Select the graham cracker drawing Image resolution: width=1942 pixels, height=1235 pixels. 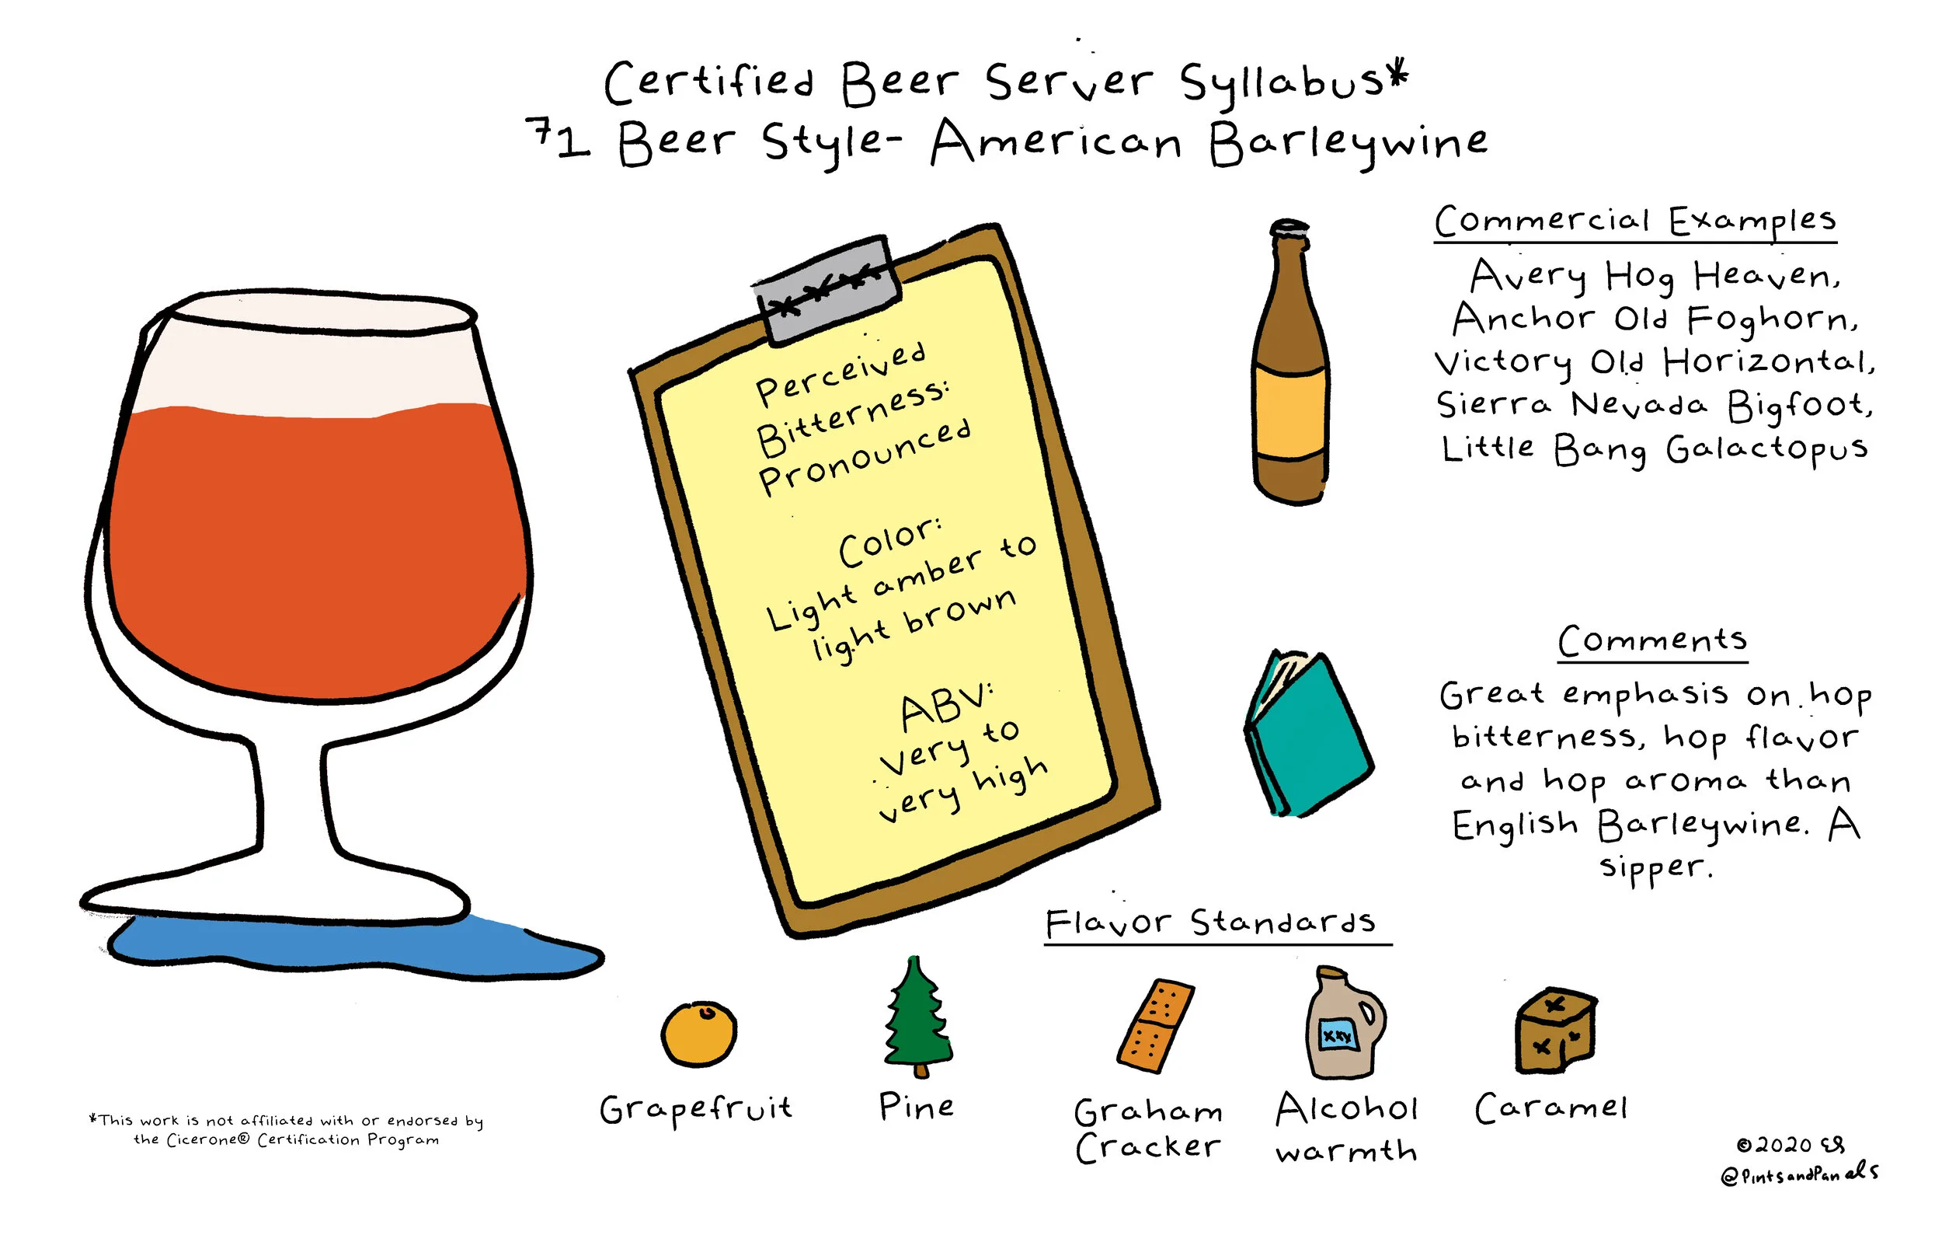coord(1155,1026)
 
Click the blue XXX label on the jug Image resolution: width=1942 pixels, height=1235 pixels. coord(1337,1035)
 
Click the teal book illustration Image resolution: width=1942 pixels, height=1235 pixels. coord(1308,734)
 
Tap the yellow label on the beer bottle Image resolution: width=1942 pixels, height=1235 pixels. coord(1289,413)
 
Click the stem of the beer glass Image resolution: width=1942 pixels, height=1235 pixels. coord(293,799)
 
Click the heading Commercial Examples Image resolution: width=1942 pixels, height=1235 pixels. coord(1634,221)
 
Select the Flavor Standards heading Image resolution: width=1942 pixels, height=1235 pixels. coord(1209,922)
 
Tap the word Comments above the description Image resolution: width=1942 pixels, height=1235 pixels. coord(1651,640)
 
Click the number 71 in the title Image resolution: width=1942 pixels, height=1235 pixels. coord(558,139)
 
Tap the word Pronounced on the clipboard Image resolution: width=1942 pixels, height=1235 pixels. coord(865,456)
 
